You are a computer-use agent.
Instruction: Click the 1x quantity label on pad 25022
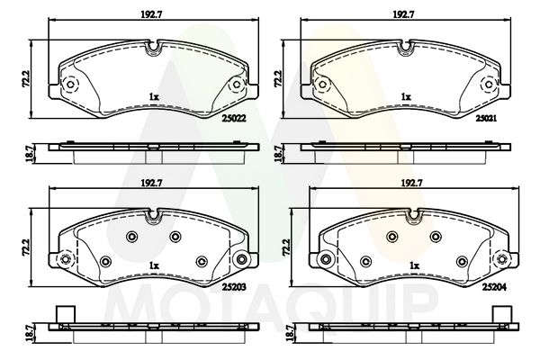tap(153, 95)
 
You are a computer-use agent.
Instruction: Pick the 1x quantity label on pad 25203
tap(154, 265)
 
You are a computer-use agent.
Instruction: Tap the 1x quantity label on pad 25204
tap(415, 265)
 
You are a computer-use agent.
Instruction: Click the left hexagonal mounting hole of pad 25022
tap(71, 86)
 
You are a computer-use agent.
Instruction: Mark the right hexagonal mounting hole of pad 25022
tap(237, 86)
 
